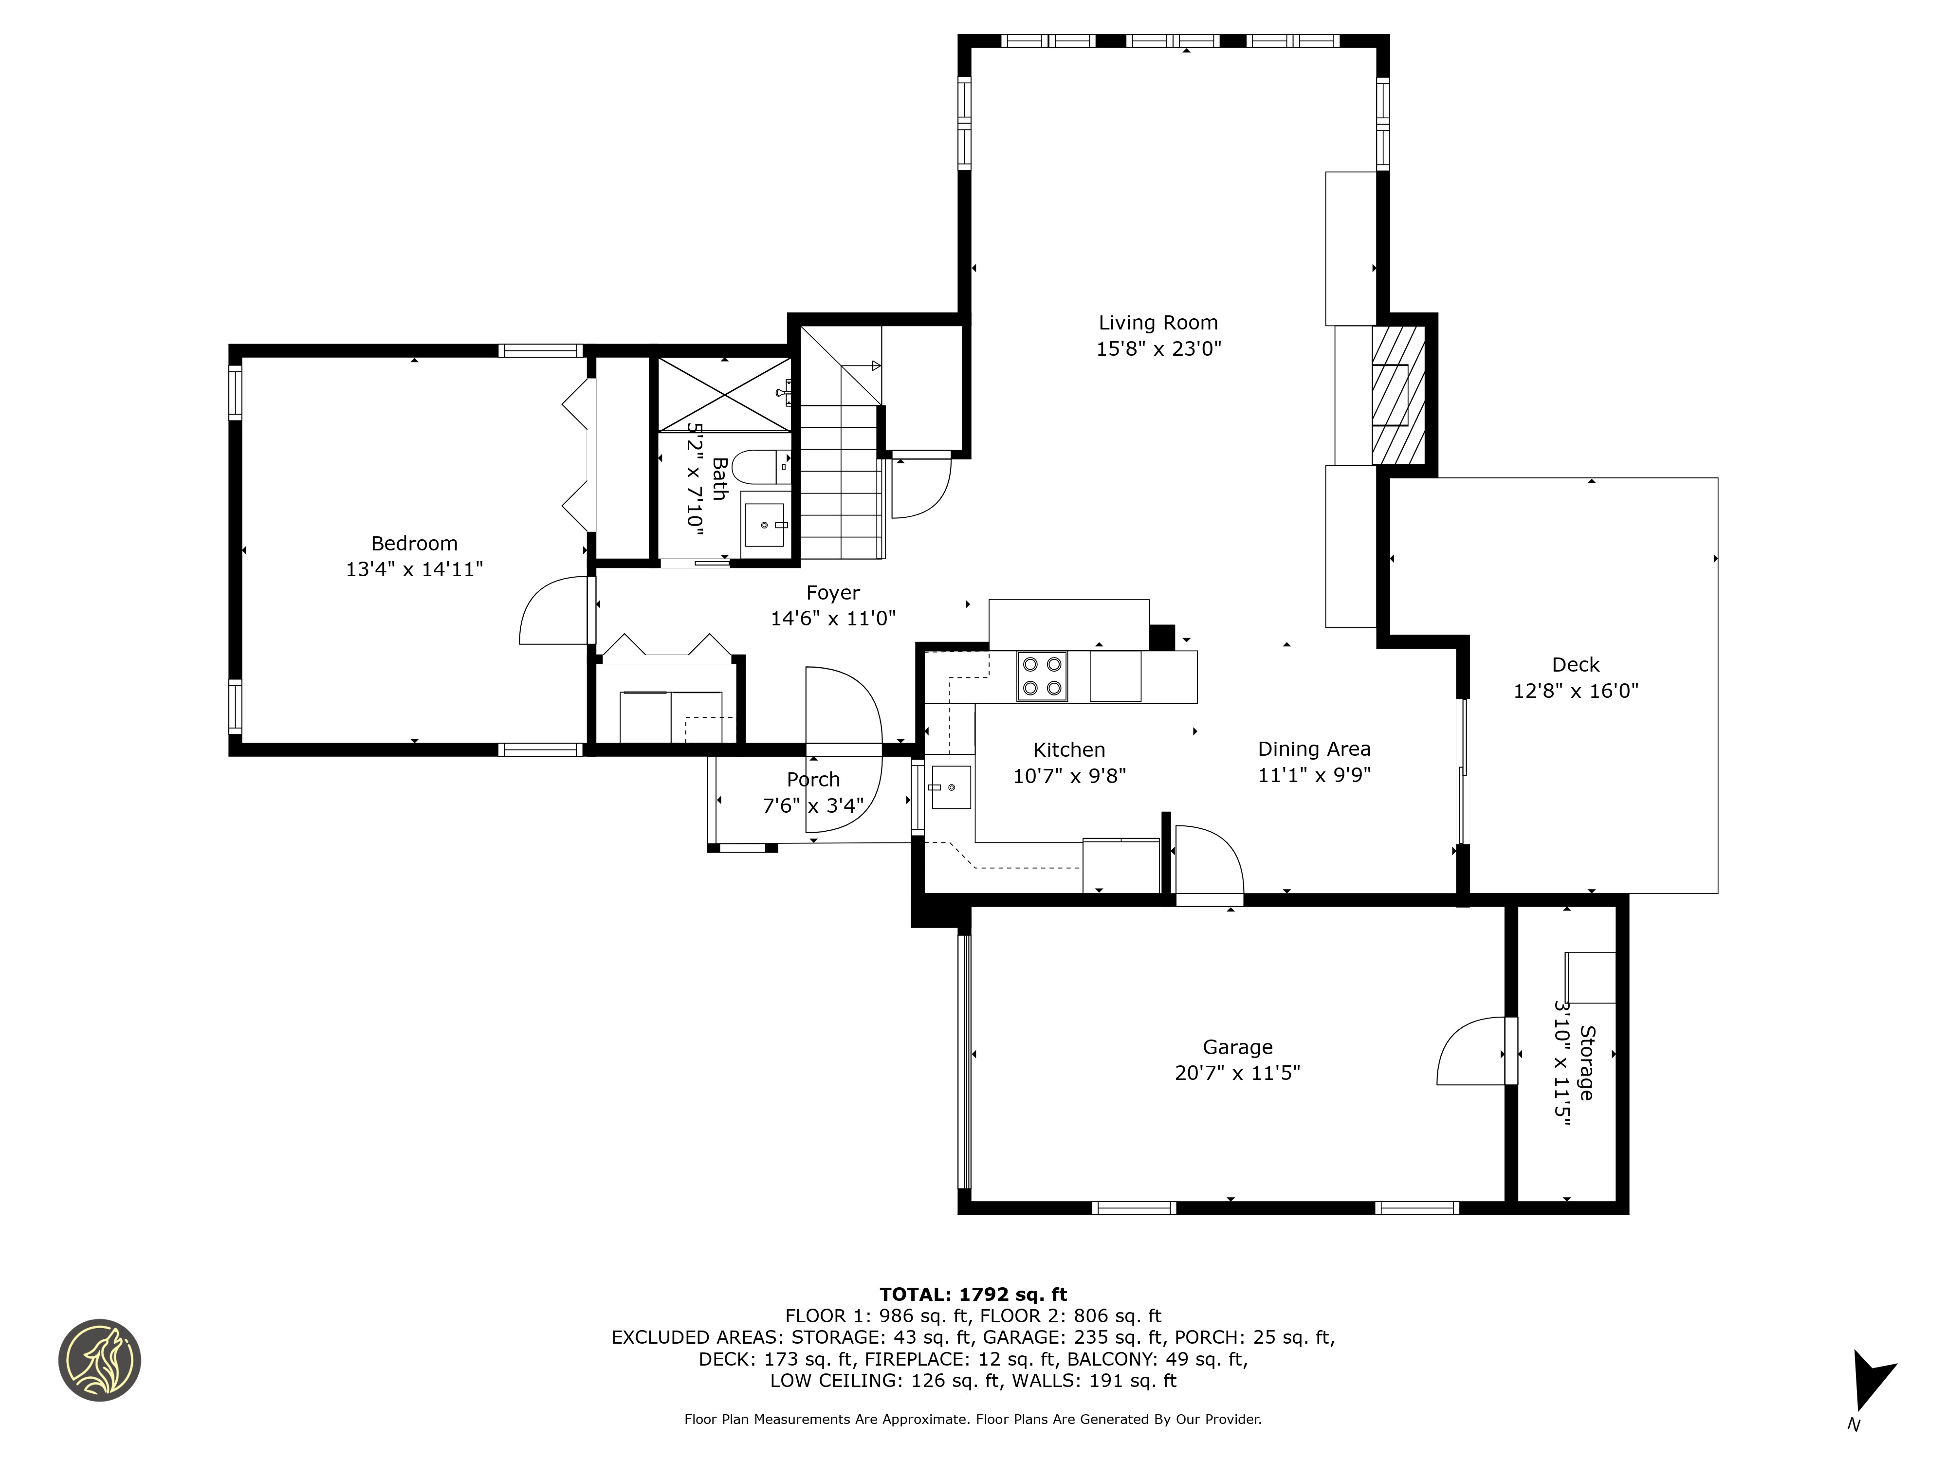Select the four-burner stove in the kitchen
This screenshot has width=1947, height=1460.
coord(1042,676)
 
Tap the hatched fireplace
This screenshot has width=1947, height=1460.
coord(1398,395)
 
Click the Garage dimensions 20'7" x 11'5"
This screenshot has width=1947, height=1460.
coord(1237,1073)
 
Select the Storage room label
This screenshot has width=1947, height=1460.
coord(1586,1062)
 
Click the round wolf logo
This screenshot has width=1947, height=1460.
coord(99,1360)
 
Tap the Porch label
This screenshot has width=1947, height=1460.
coord(813,780)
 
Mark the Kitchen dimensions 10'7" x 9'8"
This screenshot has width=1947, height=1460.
coord(1069,775)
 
